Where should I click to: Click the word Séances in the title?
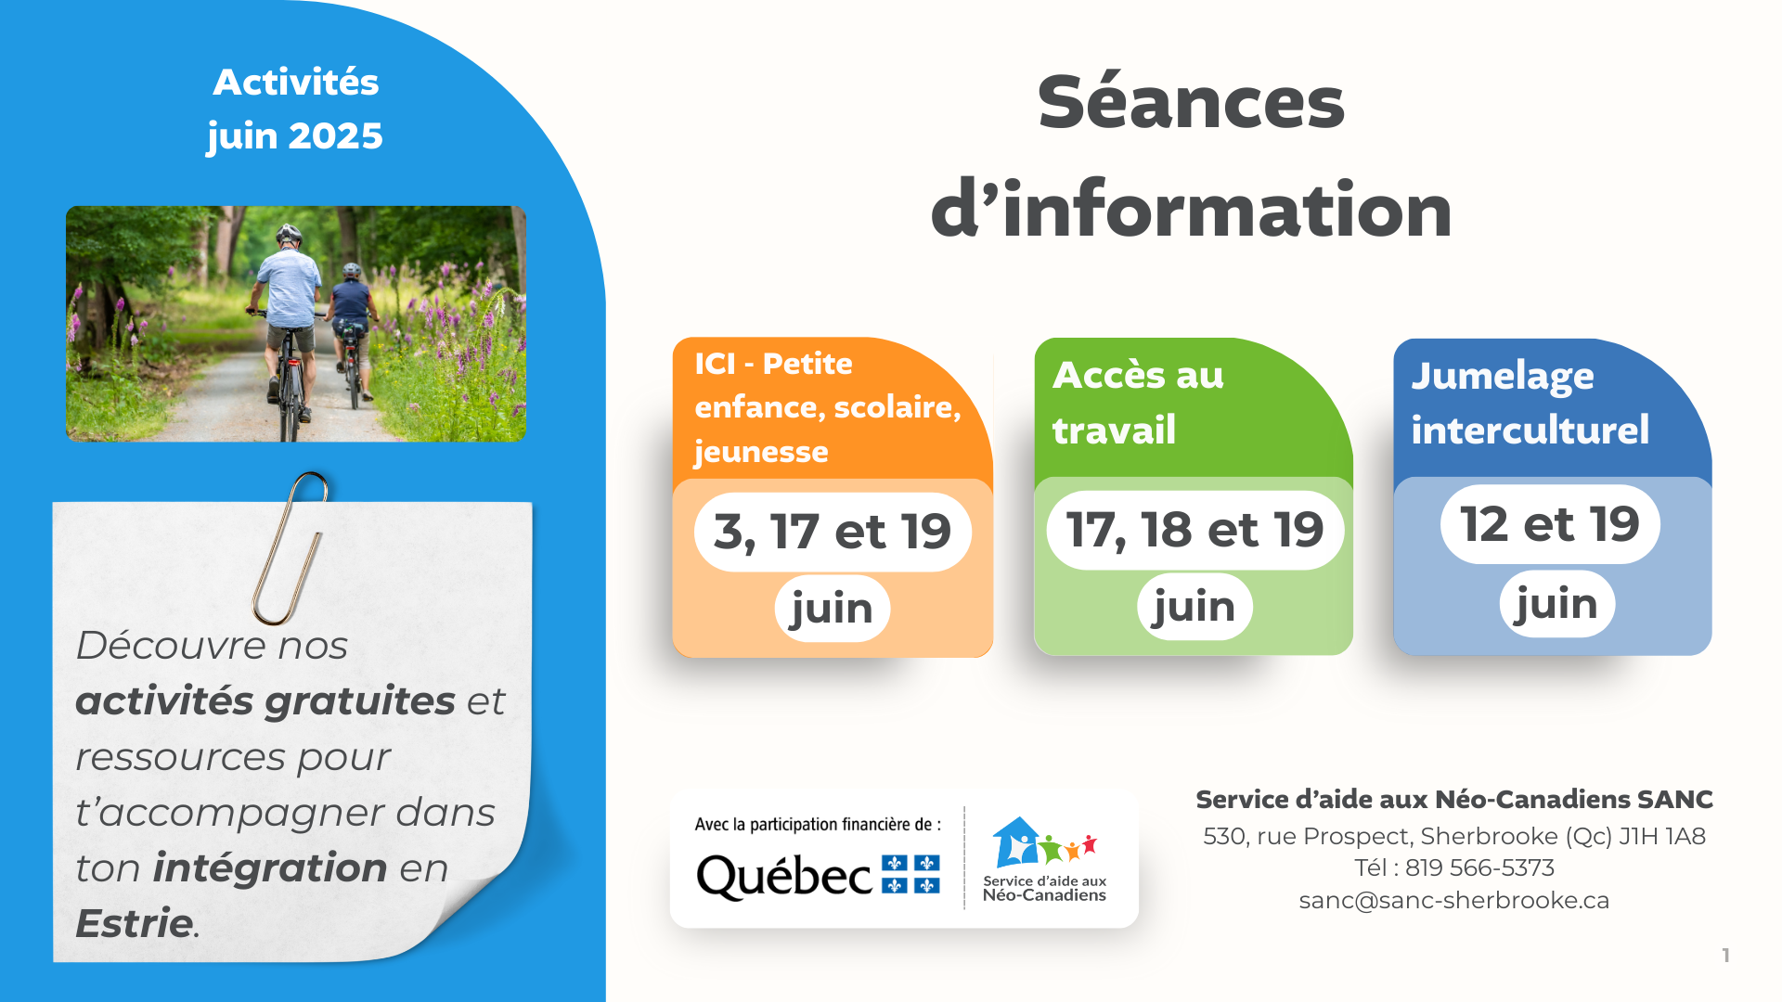coord(1191,103)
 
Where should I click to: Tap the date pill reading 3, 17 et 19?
coord(833,532)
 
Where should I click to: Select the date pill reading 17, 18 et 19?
coord(1194,530)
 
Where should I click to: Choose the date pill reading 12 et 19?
coord(1550,524)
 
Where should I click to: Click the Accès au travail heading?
coord(1139,403)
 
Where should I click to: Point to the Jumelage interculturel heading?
coord(1530,403)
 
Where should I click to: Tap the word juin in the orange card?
coord(833,609)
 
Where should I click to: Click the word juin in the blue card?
coord(1557,604)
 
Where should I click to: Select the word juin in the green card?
coord(1194,607)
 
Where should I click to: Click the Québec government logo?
coord(818,876)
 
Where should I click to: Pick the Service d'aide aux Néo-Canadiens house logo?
coord(1044,858)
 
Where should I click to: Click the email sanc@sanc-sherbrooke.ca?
coord(1453,900)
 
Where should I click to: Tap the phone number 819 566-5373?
coord(1479,867)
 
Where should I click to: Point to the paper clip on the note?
coord(290,547)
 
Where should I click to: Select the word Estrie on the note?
coord(135,923)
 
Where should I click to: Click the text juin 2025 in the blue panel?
coord(295,137)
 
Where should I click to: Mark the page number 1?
coord(1725,956)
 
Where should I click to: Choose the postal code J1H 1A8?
coord(1662,836)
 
